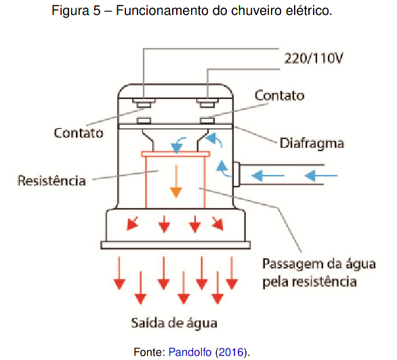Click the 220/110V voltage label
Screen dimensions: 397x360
(314, 58)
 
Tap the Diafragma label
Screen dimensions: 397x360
(312, 144)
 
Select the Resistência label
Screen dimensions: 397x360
(51, 180)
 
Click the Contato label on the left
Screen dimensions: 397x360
(79, 133)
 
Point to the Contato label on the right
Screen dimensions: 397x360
(280, 96)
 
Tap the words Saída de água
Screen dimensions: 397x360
(174, 323)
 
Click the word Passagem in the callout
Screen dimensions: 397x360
(292, 264)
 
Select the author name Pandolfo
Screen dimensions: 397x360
(190, 352)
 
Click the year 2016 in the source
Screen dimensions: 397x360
(230, 352)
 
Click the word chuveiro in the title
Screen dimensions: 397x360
(256, 10)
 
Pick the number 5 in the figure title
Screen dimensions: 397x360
(97, 11)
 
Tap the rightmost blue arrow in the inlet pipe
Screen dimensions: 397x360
(321, 176)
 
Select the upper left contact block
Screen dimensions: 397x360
(144, 102)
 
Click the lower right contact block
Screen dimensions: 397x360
(207, 120)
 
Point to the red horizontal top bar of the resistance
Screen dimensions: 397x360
(175, 154)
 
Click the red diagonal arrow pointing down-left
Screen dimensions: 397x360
(132, 224)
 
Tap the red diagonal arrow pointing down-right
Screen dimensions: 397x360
(217, 224)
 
